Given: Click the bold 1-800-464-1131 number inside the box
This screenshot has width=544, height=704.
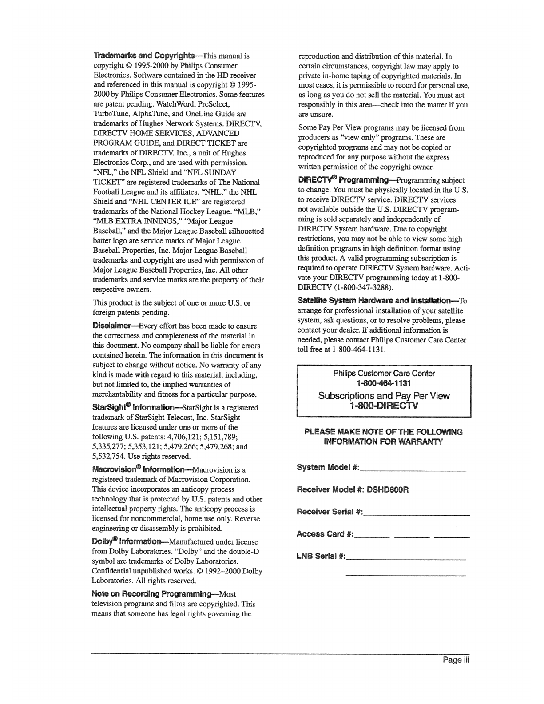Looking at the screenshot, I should [384, 383].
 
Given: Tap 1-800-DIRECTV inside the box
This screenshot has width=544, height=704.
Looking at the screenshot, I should [384, 406].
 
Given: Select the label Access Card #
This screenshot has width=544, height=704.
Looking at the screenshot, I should [324, 533].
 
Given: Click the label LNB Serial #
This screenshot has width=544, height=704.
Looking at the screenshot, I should [320, 556].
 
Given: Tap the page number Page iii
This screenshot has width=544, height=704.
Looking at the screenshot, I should [456, 660].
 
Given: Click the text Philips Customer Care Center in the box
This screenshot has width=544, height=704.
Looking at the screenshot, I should [384, 374].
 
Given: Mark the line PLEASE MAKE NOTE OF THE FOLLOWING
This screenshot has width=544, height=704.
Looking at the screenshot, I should [383, 432].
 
